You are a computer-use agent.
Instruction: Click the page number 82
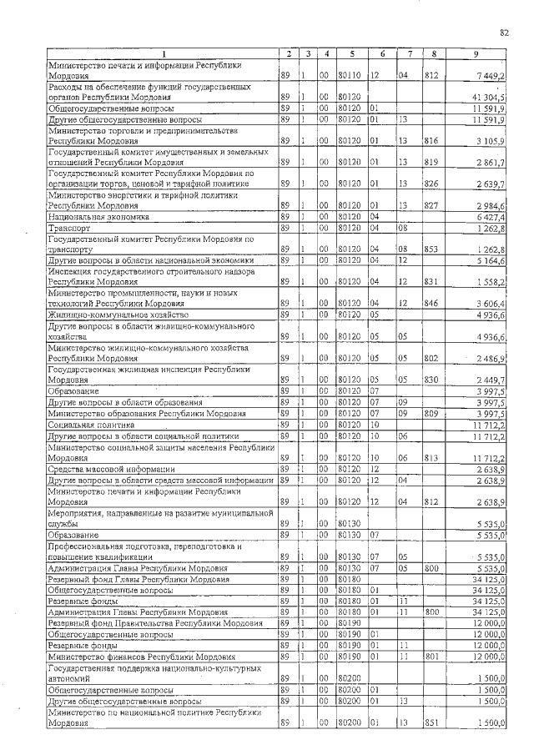pos(504,33)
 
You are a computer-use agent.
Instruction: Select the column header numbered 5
pos(353,54)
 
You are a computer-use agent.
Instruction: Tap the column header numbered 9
pos(476,54)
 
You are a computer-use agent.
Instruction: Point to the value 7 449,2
pos(491,75)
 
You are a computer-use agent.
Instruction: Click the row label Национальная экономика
pos(98,216)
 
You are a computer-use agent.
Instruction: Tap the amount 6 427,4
pos(491,216)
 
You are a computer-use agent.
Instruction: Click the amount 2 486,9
pos(491,359)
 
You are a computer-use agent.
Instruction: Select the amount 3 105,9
pos(491,141)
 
